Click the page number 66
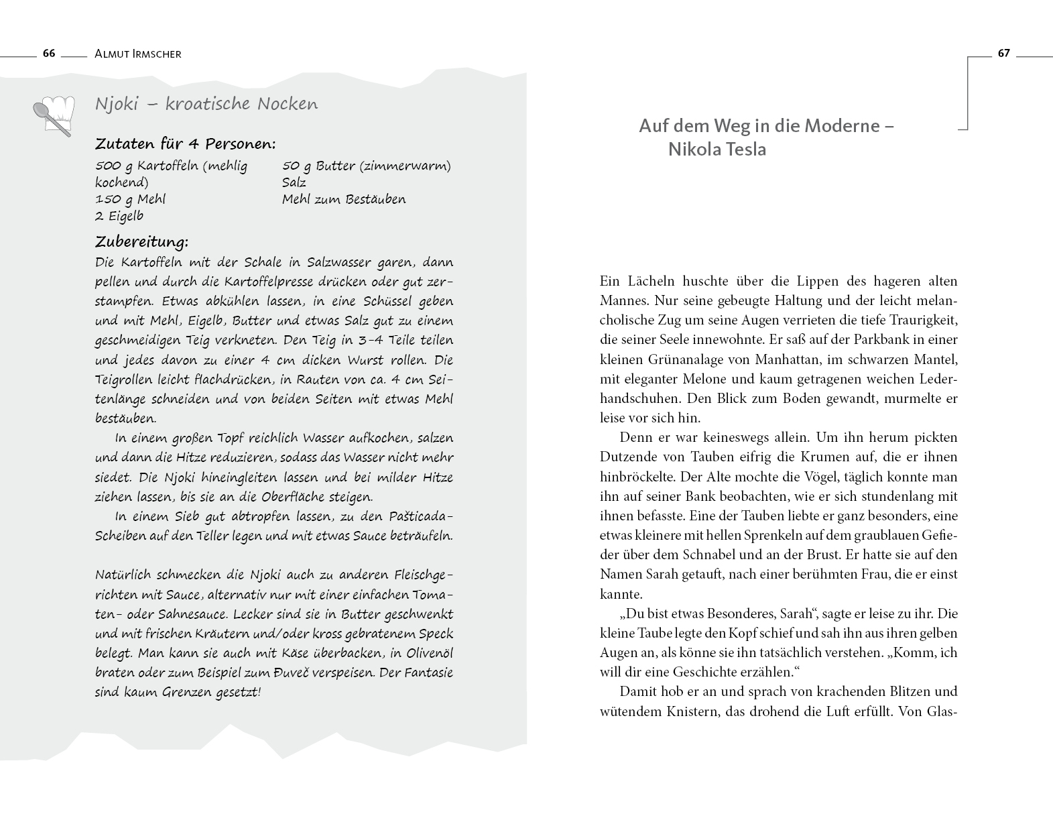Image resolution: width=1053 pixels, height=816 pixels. tap(49, 54)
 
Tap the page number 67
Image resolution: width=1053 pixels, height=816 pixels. tap(1003, 54)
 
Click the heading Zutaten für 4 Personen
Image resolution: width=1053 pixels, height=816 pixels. tap(185, 144)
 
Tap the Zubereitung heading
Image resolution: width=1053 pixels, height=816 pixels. tap(141, 241)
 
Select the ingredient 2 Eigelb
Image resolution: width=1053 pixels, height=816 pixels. tap(119, 216)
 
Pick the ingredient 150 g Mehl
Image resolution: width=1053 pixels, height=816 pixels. tap(130, 199)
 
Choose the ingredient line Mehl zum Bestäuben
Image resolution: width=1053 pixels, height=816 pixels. tap(344, 199)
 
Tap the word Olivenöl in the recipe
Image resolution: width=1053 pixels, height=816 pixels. tap(424, 653)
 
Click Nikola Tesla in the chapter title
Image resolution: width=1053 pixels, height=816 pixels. tap(717, 149)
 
